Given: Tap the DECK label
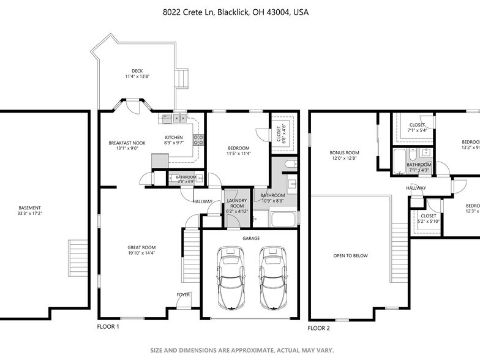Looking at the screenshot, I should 137,71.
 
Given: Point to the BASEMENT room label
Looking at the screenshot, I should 30,208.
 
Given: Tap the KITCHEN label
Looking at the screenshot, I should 174,137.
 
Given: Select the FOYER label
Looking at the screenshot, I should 183,294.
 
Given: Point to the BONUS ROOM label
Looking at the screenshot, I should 344,152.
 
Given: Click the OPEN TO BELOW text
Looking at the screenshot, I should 350,256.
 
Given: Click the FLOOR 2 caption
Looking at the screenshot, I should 318,328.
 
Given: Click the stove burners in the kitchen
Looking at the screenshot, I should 198,139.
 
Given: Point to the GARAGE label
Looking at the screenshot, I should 250,238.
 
